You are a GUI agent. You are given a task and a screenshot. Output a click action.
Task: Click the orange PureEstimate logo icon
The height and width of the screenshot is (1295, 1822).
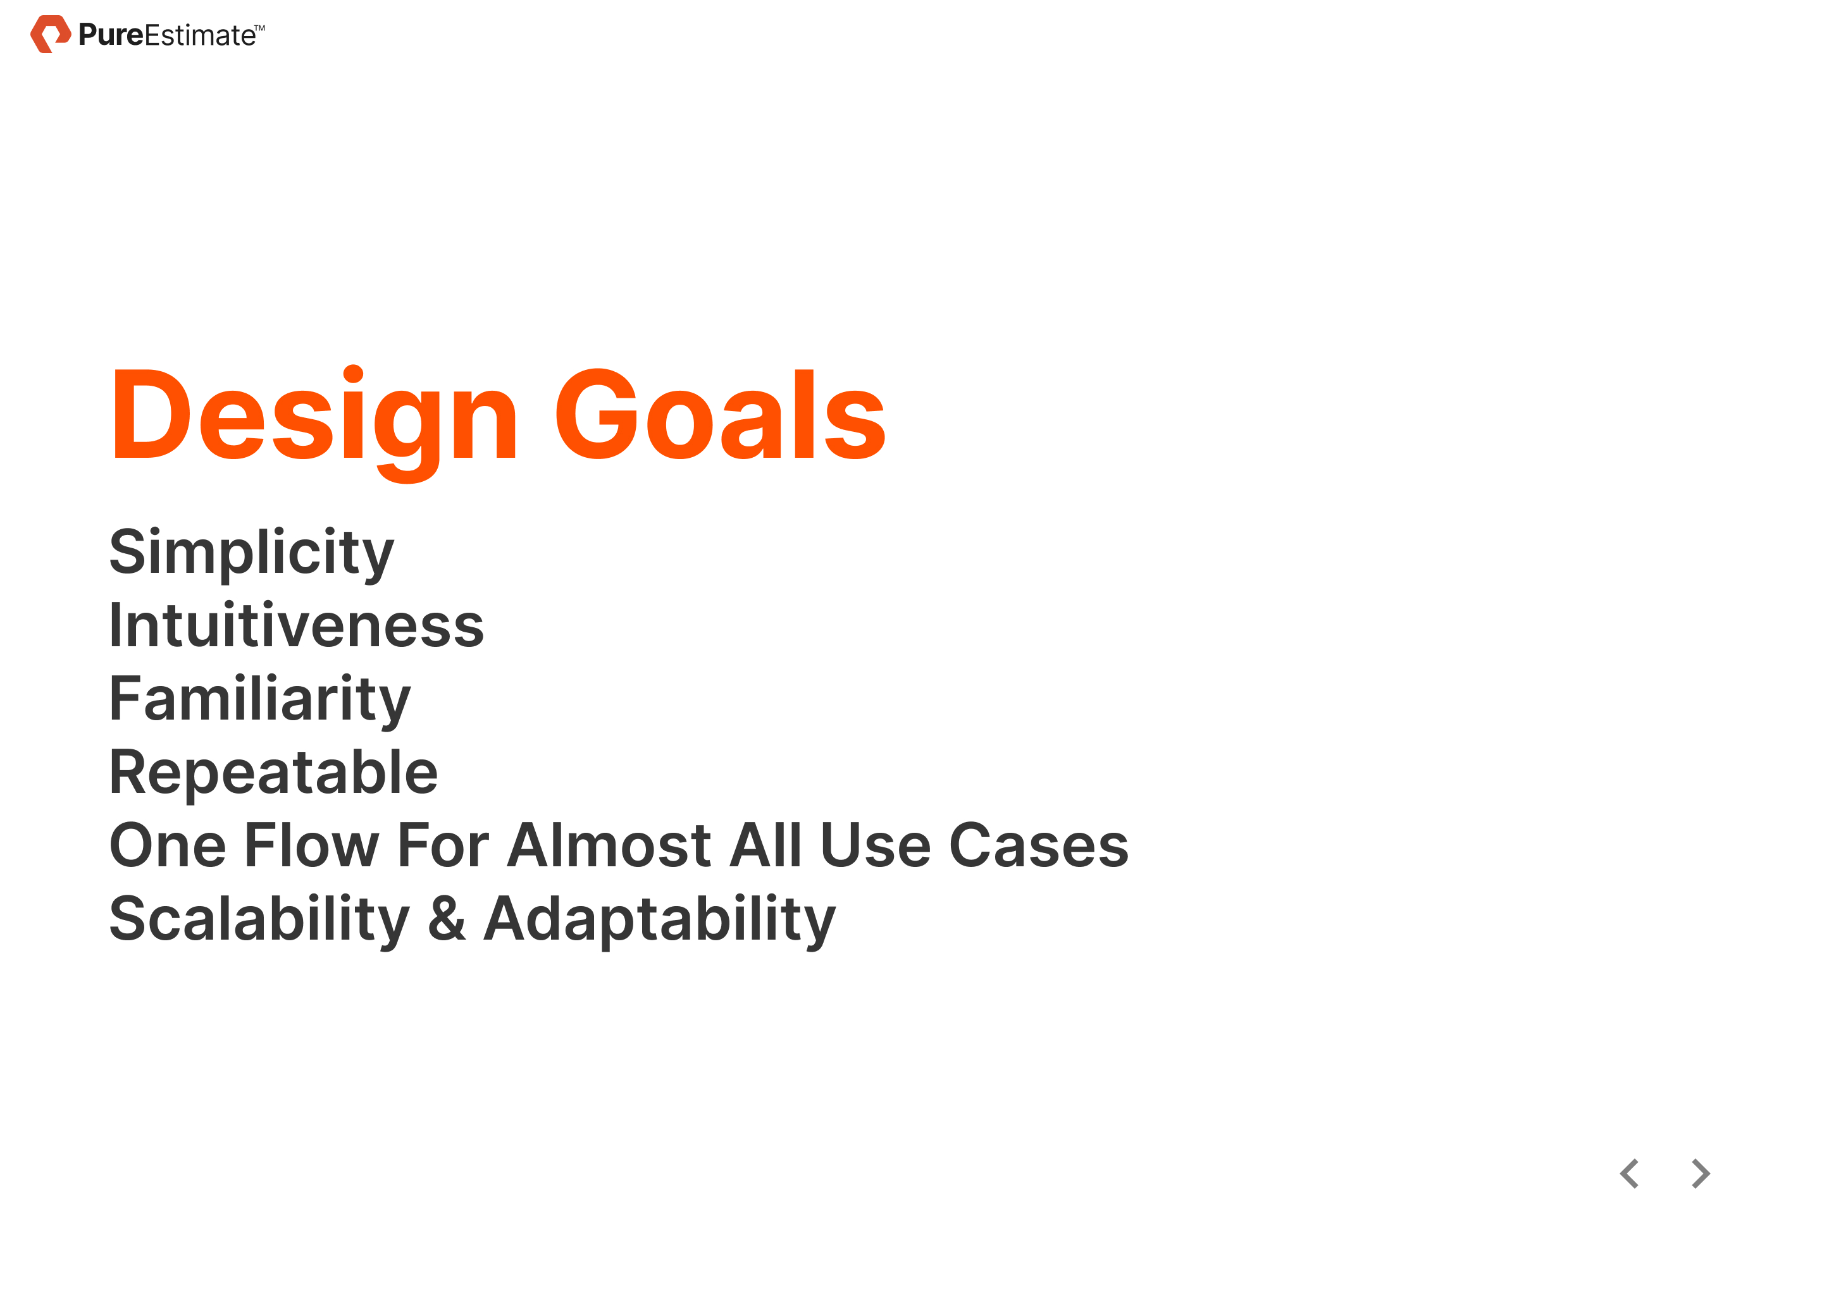pyautogui.click(x=50, y=34)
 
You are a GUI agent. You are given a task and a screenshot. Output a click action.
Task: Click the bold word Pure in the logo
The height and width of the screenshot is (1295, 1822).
pyautogui.click(x=111, y=35)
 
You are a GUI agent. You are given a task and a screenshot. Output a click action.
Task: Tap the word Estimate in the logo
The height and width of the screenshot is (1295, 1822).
pyautogui.click(x=200, y=35)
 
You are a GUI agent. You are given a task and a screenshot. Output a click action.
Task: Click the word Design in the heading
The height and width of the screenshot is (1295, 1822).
pyautogui.click(x=315, y=424)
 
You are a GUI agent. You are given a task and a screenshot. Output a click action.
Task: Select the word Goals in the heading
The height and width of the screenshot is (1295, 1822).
pyautogui.click(x=721, y=414)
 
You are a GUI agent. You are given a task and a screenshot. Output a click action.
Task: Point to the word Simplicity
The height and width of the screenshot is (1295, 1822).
pyautogui.click(x=252, y=555)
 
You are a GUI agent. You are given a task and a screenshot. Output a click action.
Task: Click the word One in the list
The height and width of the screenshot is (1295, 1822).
pyautogui.click(x=168, y=845)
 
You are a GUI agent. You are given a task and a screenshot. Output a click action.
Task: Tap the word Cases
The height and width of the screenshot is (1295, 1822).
pyautogui.click(x=1039, y=845)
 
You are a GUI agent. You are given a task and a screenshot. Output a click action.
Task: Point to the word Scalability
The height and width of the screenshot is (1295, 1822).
pyautogui.click(x=260, y=922)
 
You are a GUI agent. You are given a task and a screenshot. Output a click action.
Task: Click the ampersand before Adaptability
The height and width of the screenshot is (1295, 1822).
pyautogui.click(x=447, y=919)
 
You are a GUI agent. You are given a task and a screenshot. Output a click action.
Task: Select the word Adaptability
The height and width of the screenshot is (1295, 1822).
pyautogui.click(x=660, y=922)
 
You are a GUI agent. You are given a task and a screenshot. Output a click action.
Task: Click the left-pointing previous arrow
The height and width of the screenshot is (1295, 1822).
pyautogui.click(x=1629, y=1174)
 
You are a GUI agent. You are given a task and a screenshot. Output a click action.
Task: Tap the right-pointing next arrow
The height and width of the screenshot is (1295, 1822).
pyautogui.click(x=1701, y=1174)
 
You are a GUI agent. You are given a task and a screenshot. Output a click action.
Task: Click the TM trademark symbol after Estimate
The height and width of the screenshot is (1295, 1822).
pyautogui.click(x=260, y=27)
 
